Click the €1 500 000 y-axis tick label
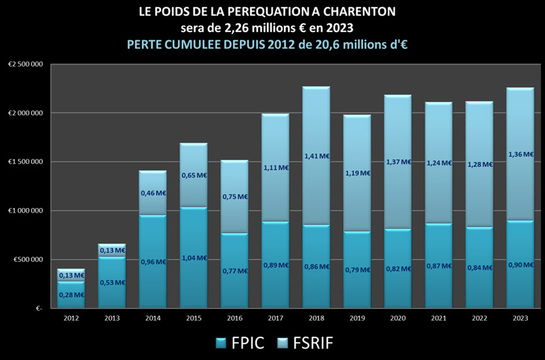[x=25, y=162]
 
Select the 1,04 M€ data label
[x=193, y=258]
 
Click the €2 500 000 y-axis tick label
[x=25, y=64]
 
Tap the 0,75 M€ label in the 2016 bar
[x=234, y=196]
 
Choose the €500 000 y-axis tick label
[x=27, y=260]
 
